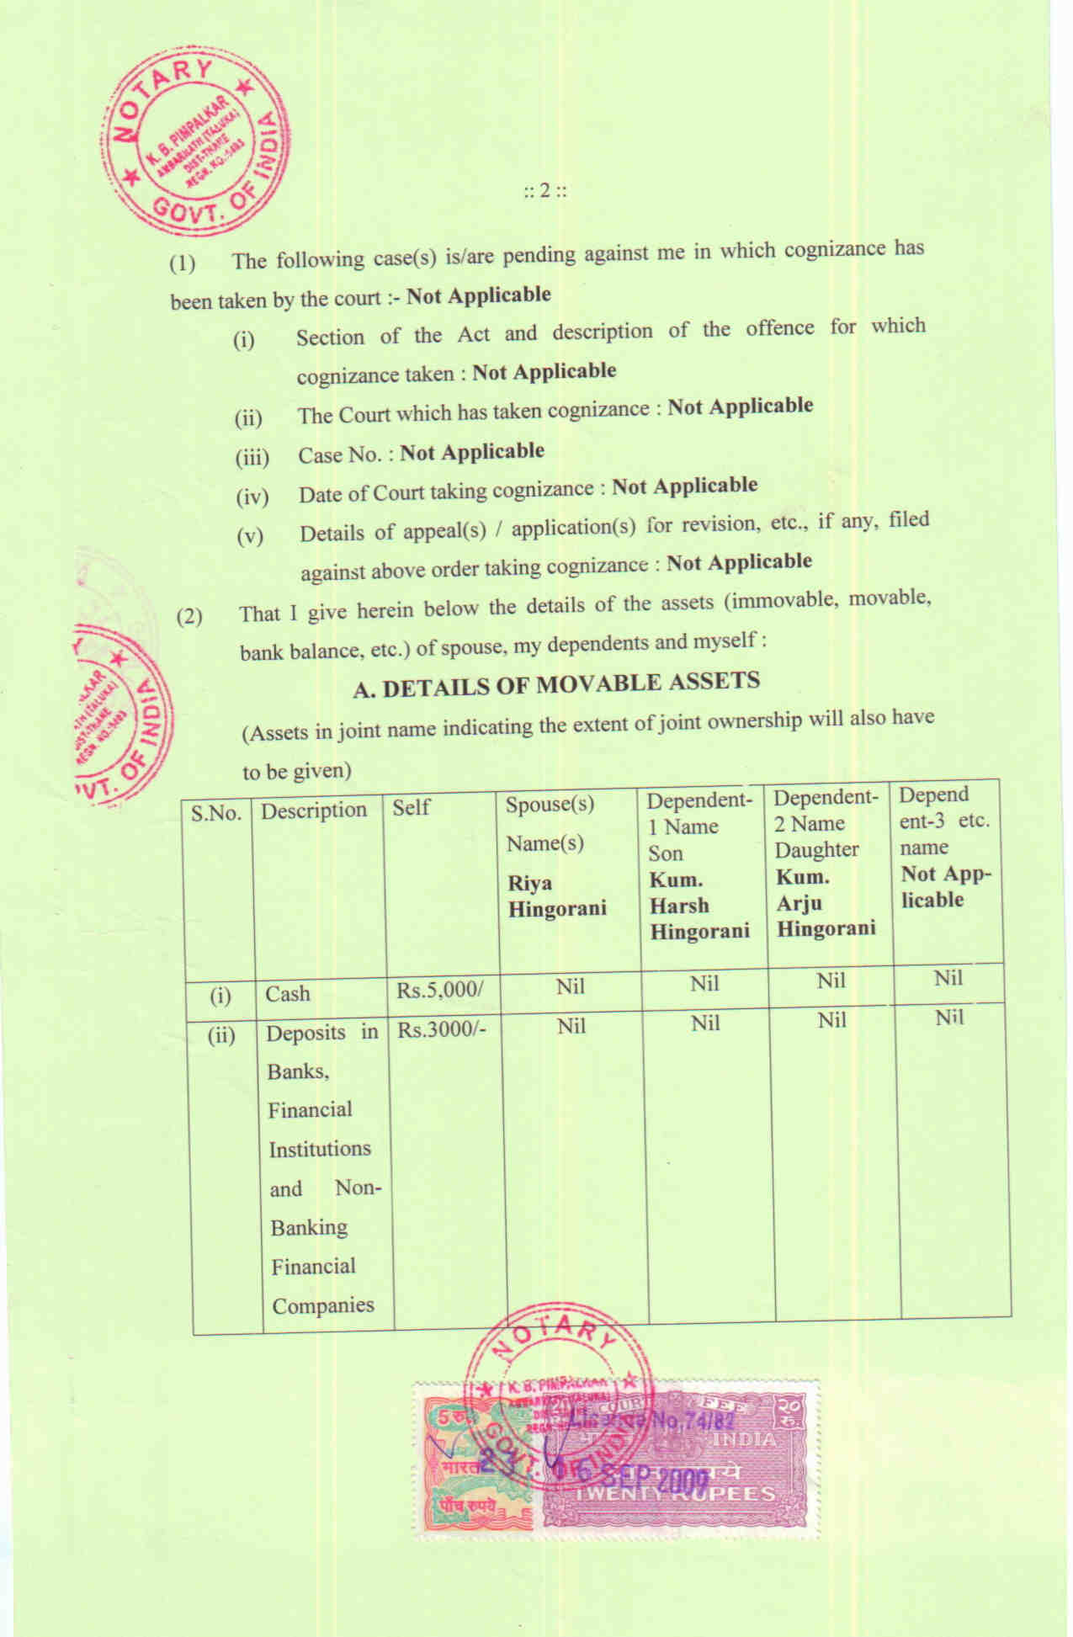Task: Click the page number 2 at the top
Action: [544, 190]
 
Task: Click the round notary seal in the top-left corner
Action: [196, 148]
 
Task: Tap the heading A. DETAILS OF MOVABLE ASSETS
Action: [556, 684]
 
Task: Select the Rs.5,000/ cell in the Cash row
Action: [440, 990]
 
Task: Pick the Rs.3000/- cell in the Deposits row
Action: [442, 1029]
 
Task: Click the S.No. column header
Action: [216, 813]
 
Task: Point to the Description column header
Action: [314, 811]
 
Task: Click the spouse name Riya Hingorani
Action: [556, 896]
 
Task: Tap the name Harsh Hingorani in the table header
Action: [699, 918]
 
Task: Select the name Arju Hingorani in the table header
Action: [825, 916]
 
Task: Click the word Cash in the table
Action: [288, 994]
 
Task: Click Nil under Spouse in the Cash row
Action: [570, 986]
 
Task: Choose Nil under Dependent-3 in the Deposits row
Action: [948, 1018]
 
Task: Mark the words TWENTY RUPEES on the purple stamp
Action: [674, 1494]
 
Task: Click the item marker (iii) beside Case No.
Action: [252, 458]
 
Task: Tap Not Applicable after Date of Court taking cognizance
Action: [684, 486]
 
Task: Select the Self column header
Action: [411, 807]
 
